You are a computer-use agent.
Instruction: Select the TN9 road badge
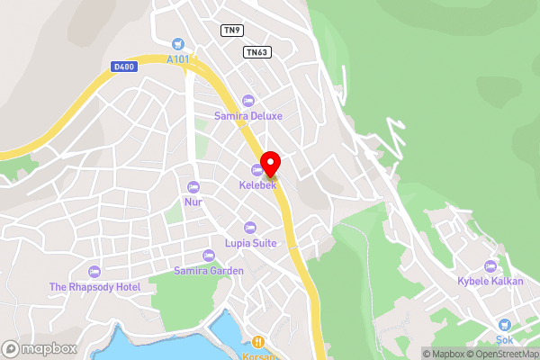tap(232, 30)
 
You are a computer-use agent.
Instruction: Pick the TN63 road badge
tap(256, 52)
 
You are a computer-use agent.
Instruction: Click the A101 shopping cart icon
tap(177, 43)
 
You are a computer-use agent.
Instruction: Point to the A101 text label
tap(178, 59)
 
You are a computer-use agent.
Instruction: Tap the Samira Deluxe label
tap(248, 116)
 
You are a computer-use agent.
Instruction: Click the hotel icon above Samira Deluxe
tap(248, 100)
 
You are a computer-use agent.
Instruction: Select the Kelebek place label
tap(256, 185)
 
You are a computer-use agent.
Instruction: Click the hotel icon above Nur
tap(193, 186)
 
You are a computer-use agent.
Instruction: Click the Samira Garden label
tap(209, 271)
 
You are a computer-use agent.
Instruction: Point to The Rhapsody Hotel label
tap(95, 287)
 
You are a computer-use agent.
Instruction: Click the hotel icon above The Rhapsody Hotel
tap(95, 271)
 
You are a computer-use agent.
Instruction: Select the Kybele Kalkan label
tap(490, 282)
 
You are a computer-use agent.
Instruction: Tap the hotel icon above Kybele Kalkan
tap(490, 265)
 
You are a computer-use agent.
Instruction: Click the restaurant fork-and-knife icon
tap(258, 341)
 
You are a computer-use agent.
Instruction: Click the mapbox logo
tap(38, 348)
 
